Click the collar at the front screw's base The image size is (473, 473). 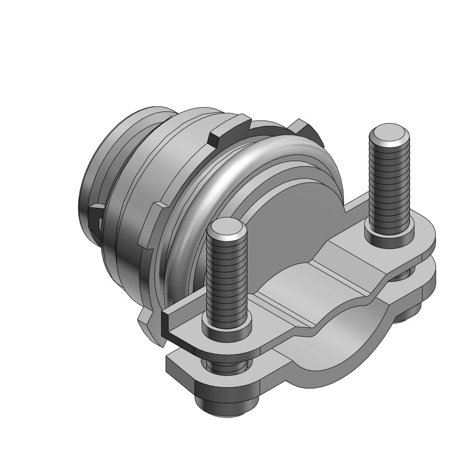(x=227, y=326)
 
